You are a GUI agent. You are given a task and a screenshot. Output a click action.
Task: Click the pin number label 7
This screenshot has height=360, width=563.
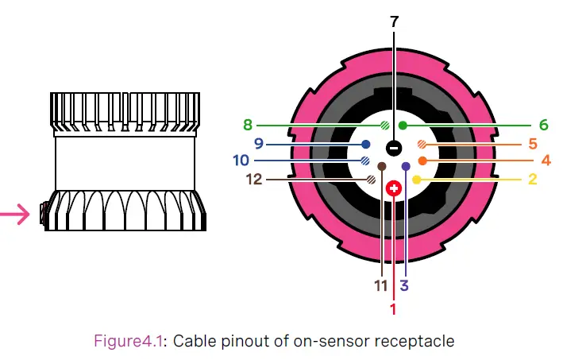coord(395,21)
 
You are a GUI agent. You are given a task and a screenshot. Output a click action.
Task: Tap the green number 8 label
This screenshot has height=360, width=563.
coord(248,125)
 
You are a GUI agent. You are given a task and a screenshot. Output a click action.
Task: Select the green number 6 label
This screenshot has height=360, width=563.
coord(543,125)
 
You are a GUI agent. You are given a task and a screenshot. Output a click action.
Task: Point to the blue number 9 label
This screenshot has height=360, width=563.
coord(258,144)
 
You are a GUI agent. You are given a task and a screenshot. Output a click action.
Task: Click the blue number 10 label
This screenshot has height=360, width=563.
coord(241,161)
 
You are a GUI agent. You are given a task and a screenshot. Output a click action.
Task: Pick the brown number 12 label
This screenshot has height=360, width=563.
coord(253,180)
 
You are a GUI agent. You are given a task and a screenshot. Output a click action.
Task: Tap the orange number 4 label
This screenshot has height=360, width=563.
coord(546,161)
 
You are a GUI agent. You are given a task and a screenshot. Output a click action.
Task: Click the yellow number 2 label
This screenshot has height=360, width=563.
coord(532,180)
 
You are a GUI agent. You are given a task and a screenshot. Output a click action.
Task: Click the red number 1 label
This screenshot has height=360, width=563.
coord(392,305)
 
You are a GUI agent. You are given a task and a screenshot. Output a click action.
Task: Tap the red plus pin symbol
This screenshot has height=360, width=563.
coord(394,188)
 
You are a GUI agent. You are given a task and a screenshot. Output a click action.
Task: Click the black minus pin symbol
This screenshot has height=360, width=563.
coord(394,147)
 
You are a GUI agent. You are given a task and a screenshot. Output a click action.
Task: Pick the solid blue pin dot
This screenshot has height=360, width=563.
coord(365,145)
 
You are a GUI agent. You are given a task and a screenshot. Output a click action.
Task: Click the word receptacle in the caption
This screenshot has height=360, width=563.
coord(421,341)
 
